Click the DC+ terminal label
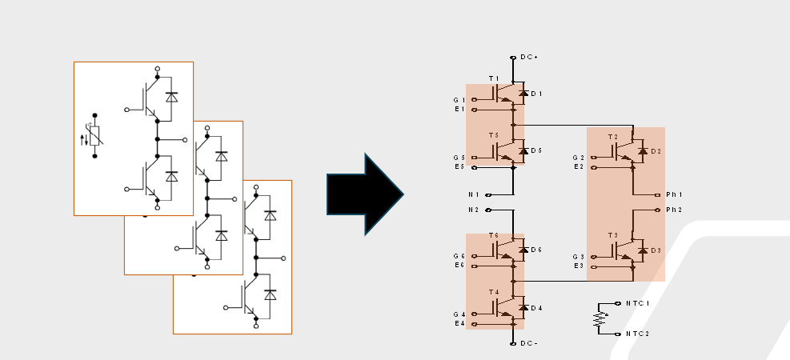tap(529, 58)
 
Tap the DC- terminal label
tap(529, 343)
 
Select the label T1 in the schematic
tap(493, 78)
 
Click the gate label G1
tap(459, 100)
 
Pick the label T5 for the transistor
tap(493, 135)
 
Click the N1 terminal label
tap(473, 194)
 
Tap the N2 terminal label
tap(473, 210)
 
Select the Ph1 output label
tap(674, 194)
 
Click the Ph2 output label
tap(674, 210)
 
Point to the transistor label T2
tap(613, 137)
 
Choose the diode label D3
tap(656, 250)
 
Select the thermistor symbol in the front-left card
tap(94, 136)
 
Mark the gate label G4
tap(459, 314)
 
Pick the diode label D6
tap(535, 250)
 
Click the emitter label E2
tap(579, 166)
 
